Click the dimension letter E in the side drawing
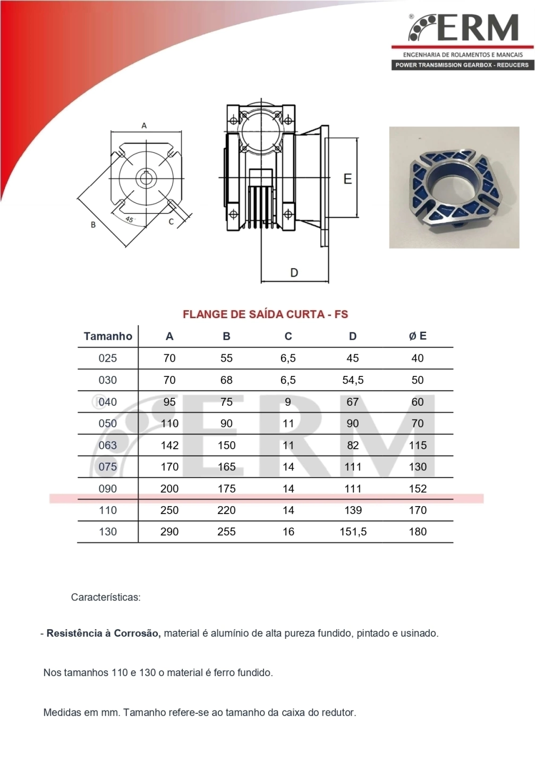tap(347, 179)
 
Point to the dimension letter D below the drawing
tap(294, 272)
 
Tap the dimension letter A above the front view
tap(144, 126)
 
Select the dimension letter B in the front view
tap(93, 225)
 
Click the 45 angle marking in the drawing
tap(130, 219)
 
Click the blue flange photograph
tap(454, 187)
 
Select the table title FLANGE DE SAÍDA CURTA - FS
tap(265, 314)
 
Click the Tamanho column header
tap(108, 336)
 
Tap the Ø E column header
tap(418, 336)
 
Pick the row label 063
tap(108, 445)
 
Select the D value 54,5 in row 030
tap(353, 380)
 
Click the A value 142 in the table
tap(169, 445)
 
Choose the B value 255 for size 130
tap(226, 532)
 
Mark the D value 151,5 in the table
tap(353, 532)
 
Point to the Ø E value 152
tap(418, 489)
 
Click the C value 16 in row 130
tap(288, 532)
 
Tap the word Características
tap(106, 597)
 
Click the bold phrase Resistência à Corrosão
tap(104, 634)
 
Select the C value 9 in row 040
tap(288, 402)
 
